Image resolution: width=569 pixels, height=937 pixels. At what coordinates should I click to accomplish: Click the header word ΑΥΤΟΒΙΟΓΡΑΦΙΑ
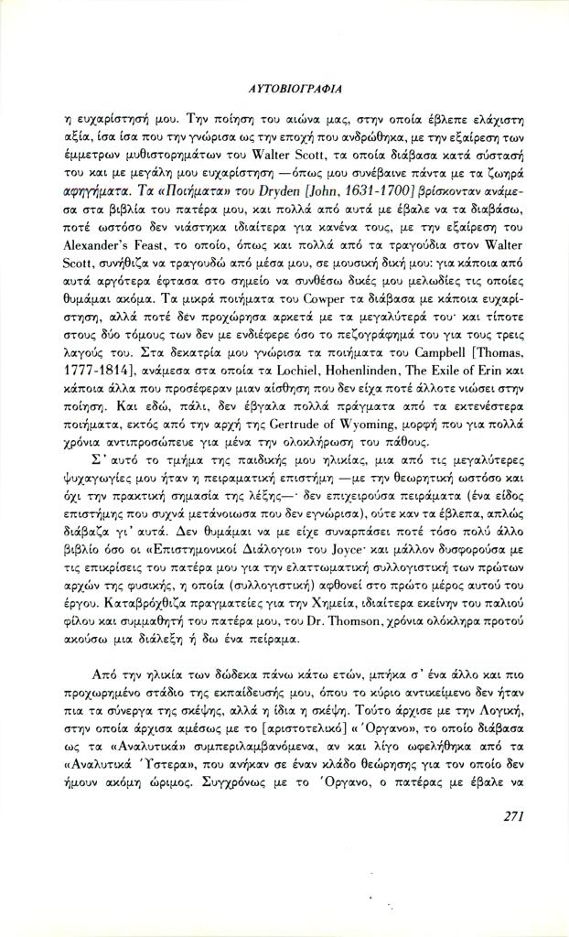pyautogui.click(x=284, y=90)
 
